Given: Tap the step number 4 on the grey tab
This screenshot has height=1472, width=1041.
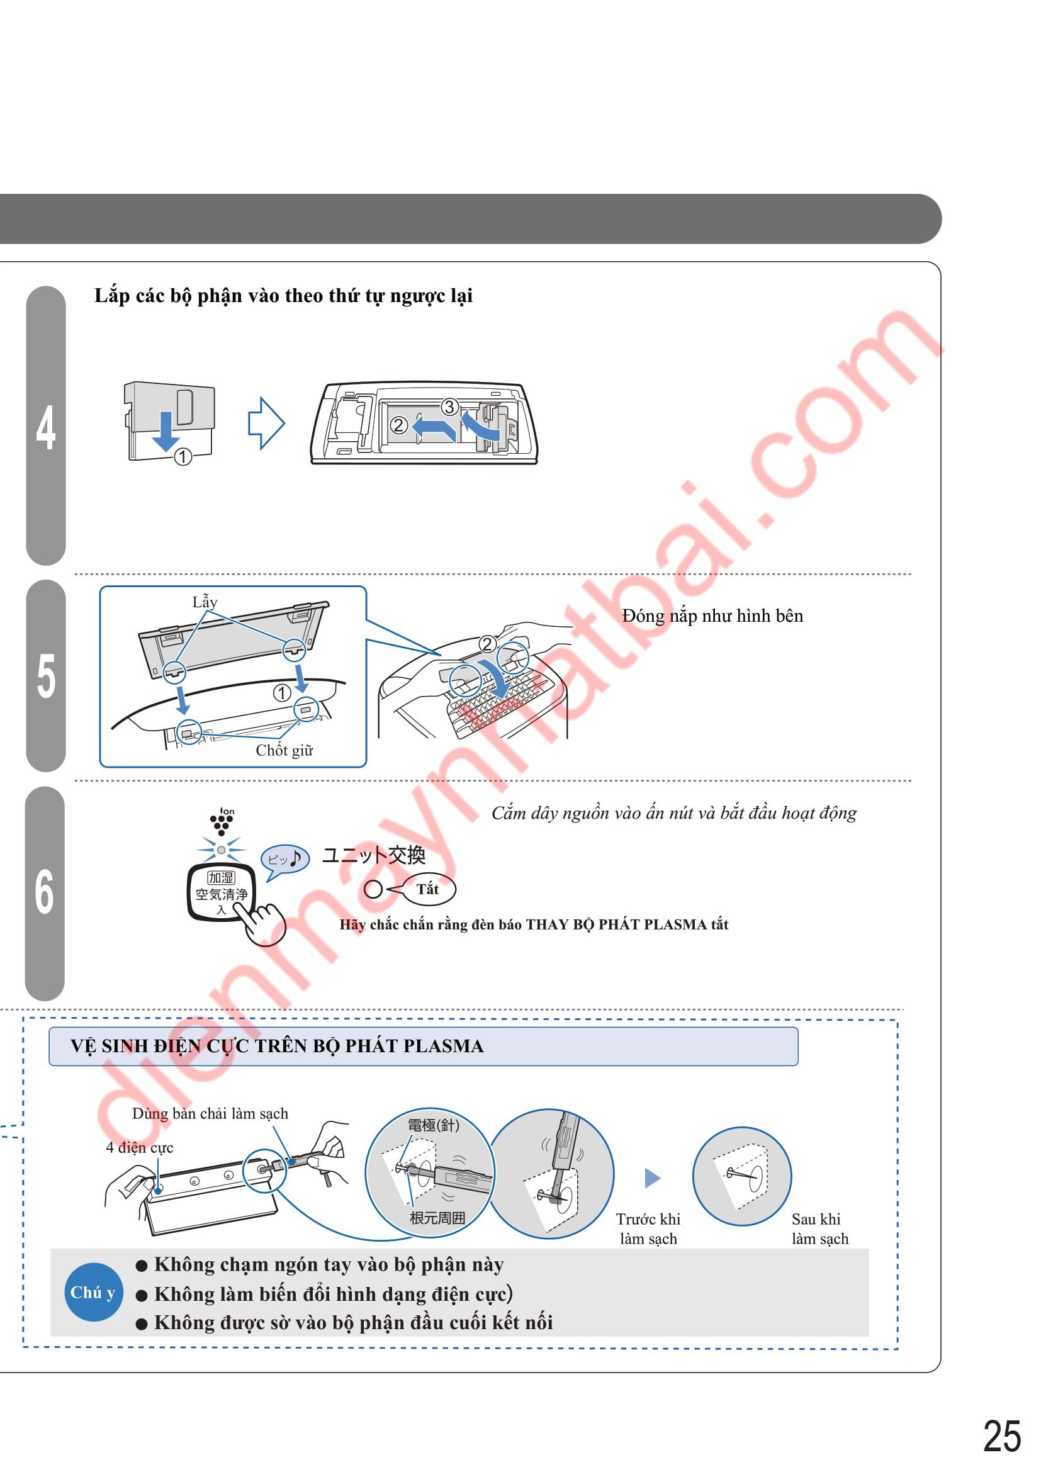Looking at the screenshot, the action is click(x=45, y=427).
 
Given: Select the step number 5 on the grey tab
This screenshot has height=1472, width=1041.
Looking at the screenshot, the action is click(x=46, y=676).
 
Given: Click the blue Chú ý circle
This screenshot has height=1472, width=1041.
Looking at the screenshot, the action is click(x=94, y=1292).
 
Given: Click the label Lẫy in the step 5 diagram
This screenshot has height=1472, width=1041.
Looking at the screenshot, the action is click(x=205, y=602).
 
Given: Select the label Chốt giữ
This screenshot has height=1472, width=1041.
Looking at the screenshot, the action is click(x=284, y=750).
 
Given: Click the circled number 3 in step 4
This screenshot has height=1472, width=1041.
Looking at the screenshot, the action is click(x=449, y=407).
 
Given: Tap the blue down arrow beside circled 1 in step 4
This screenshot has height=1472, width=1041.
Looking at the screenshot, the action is click(x=166, y=432).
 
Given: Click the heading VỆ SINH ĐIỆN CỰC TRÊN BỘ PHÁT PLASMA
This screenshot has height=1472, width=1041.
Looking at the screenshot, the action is click(x=277, y=1047).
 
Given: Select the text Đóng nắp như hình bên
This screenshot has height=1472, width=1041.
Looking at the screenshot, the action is click(x=712, y=616).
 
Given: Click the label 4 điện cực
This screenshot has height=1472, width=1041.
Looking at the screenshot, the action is click(x=139, y=1148).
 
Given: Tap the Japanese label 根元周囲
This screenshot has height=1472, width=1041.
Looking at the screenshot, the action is click(x=438, y=1218).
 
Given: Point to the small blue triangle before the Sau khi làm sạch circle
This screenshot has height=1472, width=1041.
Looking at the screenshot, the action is click(x=652, y=1177).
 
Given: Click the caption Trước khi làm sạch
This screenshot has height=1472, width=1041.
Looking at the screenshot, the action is click(x=648, y=1229).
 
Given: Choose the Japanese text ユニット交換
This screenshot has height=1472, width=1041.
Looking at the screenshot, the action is click(x=374, y=855).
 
